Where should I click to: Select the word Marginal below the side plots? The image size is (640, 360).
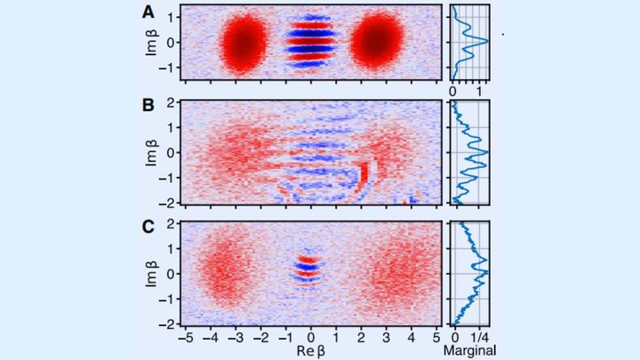tap(467, 350)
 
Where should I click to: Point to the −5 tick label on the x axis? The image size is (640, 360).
tap(185, 337)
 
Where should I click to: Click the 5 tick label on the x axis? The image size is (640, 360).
tap(436, 337)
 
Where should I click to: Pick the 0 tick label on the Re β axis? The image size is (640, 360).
tap(311, 337)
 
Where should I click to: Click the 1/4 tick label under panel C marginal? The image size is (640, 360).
tap(480, 337)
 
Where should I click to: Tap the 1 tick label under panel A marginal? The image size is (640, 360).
tap(480, 92)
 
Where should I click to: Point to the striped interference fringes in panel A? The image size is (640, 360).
tap(311, 42)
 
